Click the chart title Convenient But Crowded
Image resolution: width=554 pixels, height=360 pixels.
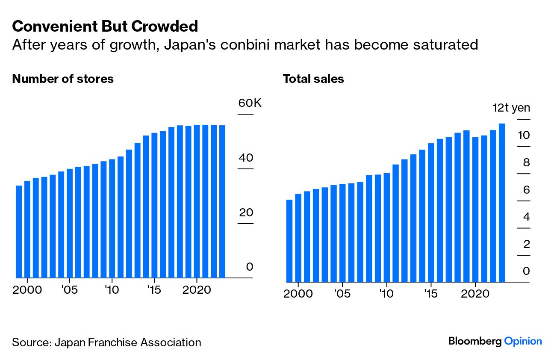coord(105,27)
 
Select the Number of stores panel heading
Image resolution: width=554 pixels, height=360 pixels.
coord(63,79)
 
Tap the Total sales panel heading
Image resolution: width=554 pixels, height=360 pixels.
coord(313,79)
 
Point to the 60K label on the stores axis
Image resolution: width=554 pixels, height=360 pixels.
coord(250,103)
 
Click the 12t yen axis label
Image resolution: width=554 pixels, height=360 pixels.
coord(511,108)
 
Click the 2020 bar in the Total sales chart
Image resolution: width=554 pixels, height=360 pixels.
coord(475,210)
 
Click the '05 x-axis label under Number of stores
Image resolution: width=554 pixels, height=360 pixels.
coord(69,290)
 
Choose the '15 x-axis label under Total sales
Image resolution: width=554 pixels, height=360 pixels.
coord(431,294)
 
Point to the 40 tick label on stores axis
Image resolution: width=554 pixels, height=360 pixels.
coord(246,158)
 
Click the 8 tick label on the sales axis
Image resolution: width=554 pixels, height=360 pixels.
coord(526,163)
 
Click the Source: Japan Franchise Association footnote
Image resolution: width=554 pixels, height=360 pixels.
coord(106,342)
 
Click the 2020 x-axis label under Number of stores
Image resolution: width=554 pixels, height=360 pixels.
coord(197,290)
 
